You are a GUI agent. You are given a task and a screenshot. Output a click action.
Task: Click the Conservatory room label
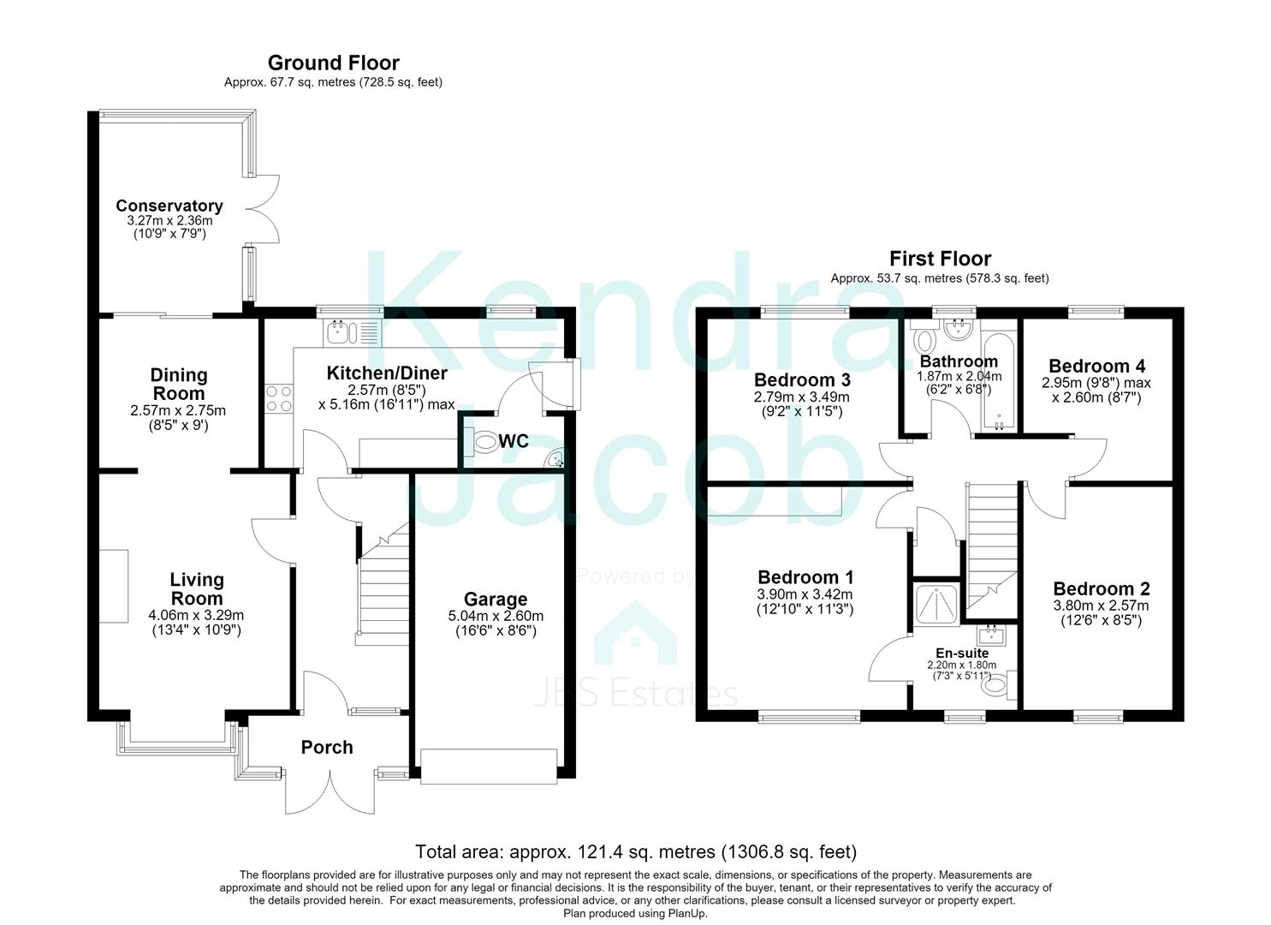169,206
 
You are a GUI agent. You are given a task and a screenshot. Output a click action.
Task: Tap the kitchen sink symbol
352,333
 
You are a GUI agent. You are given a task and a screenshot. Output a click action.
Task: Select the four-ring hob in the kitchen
279,398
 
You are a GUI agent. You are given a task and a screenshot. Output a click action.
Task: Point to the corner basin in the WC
555,459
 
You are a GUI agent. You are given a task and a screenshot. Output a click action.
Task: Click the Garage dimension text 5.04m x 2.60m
496,616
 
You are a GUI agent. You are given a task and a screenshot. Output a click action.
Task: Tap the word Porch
327,747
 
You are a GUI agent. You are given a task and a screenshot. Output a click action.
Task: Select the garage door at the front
488,767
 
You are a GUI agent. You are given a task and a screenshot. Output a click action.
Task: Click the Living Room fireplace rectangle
114,587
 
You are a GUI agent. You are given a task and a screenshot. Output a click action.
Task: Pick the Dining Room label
179,384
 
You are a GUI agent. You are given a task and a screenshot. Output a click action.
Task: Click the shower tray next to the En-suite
936,603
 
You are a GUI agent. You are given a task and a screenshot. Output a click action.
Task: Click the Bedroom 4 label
1096,366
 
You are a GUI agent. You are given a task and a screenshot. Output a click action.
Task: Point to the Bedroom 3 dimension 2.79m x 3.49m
801,397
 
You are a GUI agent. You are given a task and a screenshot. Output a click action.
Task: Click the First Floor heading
940,259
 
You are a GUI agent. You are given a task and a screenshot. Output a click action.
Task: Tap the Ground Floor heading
334,63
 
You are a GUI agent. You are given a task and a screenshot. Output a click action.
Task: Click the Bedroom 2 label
1102,588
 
